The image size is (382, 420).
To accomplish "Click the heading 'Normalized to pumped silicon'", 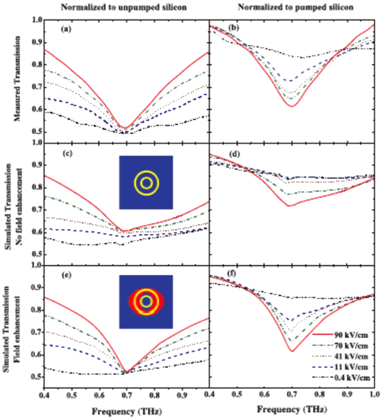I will (x=292, y=7).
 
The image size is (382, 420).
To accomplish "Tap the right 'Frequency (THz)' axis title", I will (x=292, y=412).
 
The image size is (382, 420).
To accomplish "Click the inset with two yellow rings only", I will (x=146, y=183).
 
